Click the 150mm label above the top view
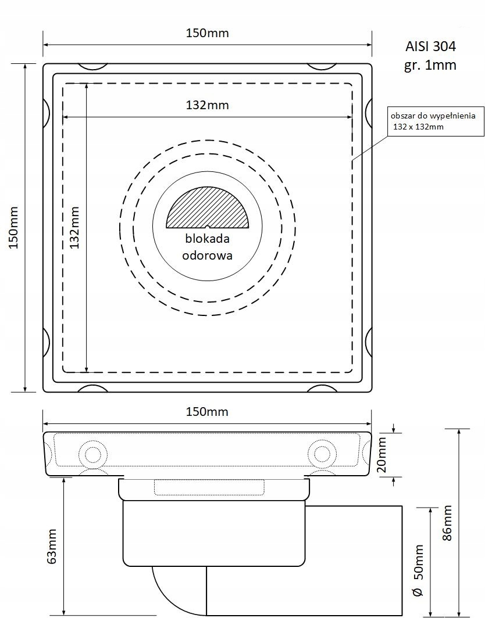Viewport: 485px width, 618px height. [207, 33]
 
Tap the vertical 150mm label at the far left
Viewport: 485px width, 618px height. [14, 228]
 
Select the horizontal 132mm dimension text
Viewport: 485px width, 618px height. [207, 105]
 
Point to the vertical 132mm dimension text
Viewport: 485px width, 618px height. [74, 228]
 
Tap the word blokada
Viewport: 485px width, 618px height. [207, 239]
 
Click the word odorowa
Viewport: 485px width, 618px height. [207, 256]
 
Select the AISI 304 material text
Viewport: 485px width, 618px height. [430, 46]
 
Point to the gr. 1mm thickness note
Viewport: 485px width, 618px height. [430, 64]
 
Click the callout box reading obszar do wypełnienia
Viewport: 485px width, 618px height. [436, 121]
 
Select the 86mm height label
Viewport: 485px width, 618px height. [447, 523]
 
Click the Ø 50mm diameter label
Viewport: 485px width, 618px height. [419, 570]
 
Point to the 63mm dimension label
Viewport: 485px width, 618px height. [52, 546]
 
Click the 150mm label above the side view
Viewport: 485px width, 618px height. [207, 412]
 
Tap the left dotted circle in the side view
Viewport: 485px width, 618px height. [93, 453]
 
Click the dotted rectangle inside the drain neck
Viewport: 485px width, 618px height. [210, 487]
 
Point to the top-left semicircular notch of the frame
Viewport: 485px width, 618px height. [92, 67]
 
